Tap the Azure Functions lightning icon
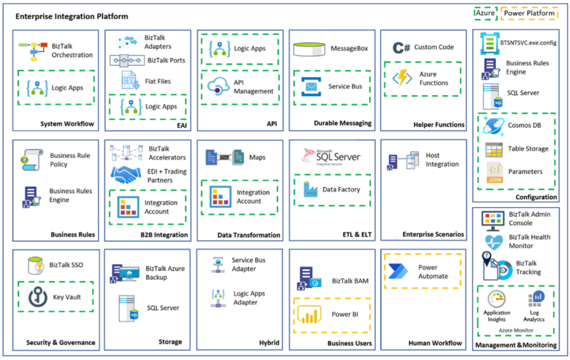pos(403,78)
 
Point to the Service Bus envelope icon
pos(309,87)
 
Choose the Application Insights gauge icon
pos(497,298)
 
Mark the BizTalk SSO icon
pos(34,264)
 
